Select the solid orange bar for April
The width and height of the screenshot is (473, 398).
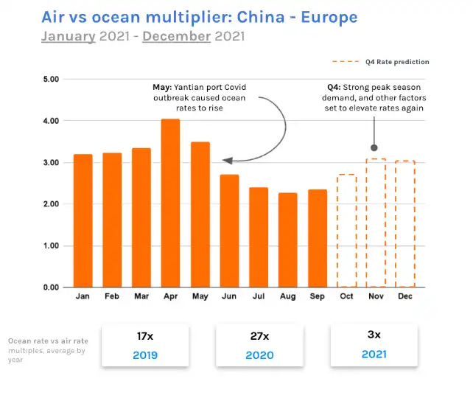[x=170, y=203]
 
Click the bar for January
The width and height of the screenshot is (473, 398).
[x=83, y=220]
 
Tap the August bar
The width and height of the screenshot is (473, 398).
[x=287, y=240]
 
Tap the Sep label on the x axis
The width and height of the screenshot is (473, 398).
[x=317, y=297]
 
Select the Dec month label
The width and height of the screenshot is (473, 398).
[x=404, y=297]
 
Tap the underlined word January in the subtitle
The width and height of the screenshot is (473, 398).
[x=68, y=35]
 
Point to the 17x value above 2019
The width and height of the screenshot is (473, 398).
[x=145, y=335]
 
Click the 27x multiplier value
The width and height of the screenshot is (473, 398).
[x=259, y=336]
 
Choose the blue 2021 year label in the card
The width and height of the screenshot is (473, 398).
[x=374, y=355]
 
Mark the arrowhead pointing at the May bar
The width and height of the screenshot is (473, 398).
[x=226, y=160]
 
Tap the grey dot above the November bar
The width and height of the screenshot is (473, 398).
[x=374, y=147]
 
